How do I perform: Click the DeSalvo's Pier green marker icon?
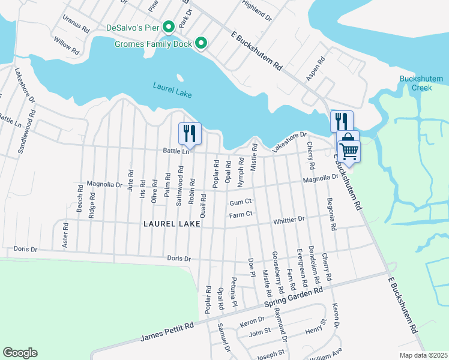click(x=169, y=27)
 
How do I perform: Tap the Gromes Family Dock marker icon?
click(x=201, y=43)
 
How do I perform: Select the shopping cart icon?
click(x=348, y=151)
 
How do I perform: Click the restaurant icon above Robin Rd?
click(x=190, y=133)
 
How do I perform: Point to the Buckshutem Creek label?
click(x=416, y=83)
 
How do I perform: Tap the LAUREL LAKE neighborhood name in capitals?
click(x=170, y=223)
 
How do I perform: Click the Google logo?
click(x=20, y=353)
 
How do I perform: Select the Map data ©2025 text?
click(x=423, y=355)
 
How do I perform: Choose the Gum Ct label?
click(x=240, y=202)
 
